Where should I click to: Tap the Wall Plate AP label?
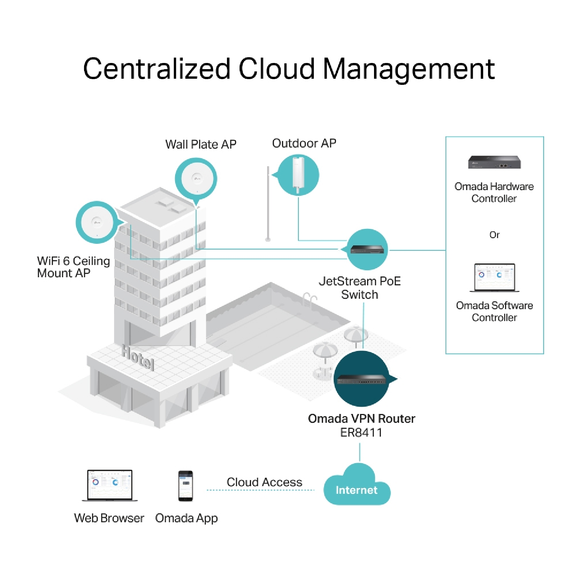tap(200, 144)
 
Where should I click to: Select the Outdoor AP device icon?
tap(298, 175)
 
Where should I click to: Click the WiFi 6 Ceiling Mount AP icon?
tap(97, 222)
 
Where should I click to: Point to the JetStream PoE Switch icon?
tap(367, 250)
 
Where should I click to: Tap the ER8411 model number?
tap(361, 432)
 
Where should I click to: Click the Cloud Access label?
tap(264, 482)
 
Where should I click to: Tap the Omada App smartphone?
tap(185, 486)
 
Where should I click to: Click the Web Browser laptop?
tap(110, 485)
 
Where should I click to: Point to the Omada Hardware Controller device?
tap(494, 162)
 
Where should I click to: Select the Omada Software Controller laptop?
tap(494, 277)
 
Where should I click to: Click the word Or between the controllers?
tap(494, 235)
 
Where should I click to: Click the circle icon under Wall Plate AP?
tap(196, 179)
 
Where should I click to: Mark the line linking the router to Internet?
tap(360, 452)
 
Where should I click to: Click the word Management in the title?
tap(409, 69)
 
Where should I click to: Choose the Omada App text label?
tap(186, 518)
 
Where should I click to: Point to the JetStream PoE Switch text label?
tap(359, 288)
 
